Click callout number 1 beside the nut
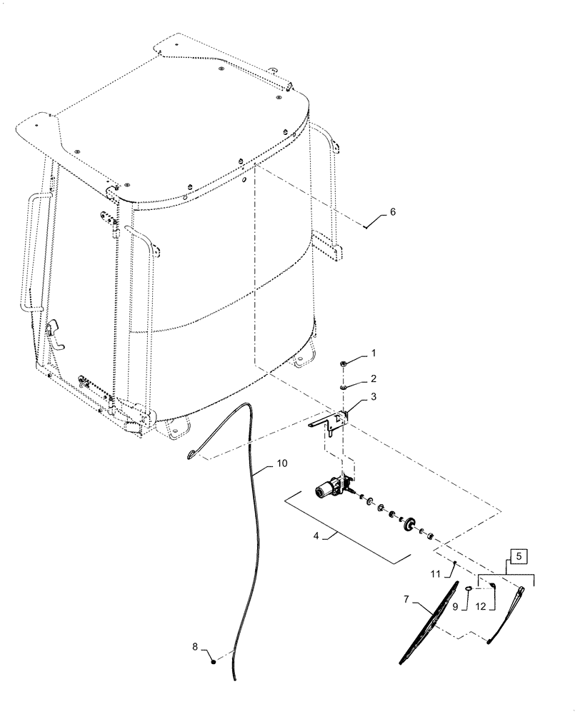coord(372,353)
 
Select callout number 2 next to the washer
coord(372,378)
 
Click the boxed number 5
coord(519,553)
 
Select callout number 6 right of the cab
coord(391,212)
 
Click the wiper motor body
coord(329,489)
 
